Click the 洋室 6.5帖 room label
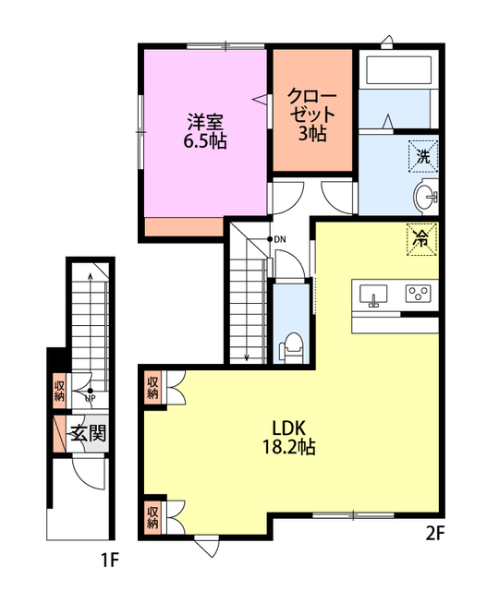point(205,130)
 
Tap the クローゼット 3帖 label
point(312,115)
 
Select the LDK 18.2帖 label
point(289,438)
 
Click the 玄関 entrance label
point(89,433)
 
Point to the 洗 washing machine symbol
point(423,156)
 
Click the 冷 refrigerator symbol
point(422,239)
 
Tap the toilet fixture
point(291,347)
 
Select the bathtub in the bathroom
point(398,70)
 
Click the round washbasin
point(425,197)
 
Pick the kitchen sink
point(373,295)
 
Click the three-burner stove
point(419,294)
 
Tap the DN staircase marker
point(276,239)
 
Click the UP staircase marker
point(91,395)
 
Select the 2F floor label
point(435,534)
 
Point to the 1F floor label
point(110,561)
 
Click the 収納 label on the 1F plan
point(59,391)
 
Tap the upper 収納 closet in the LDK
point(152,388)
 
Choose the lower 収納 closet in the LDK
point(152,517)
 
